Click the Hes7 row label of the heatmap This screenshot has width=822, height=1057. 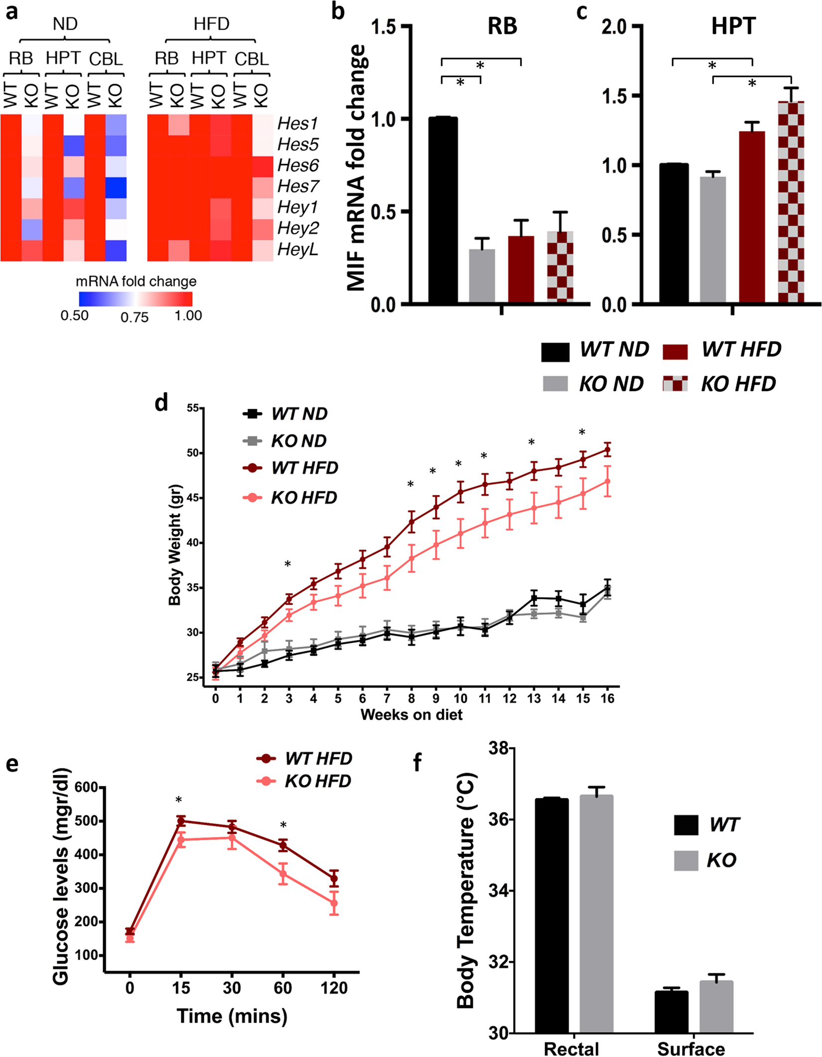[x=298, y=186]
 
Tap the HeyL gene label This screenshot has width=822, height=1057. [x=297, y=249]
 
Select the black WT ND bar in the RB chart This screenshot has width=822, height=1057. [x=443, y=209]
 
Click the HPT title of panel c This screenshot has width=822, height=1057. [x=733, y=26]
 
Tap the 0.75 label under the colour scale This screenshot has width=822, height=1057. [x=135, y=317]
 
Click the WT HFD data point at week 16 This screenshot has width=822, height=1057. [x=607, y=450]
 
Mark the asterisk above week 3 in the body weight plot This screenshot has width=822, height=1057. [x=288, y=565]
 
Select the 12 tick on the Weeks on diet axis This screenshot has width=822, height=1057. [x=509, y=699]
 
